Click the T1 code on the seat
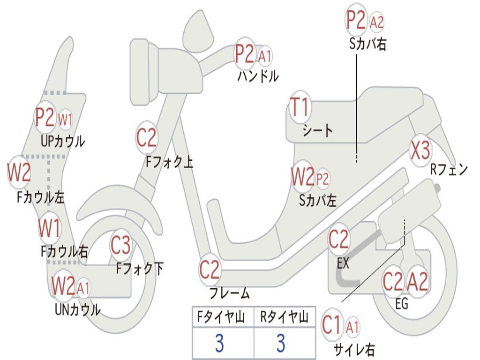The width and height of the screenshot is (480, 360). (300, 108)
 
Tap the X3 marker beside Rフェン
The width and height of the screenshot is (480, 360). (420, 150)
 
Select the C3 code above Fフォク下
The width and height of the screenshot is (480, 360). (120, 245)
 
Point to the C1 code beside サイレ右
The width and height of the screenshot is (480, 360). (332, 325)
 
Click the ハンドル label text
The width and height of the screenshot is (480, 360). (258, 75)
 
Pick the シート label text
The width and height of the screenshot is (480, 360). (318, 130)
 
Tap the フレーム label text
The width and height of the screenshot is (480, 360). (230, 294)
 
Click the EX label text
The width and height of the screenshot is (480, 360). (343, 263)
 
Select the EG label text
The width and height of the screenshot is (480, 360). (402, 304)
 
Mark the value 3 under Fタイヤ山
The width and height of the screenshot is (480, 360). (219, 344)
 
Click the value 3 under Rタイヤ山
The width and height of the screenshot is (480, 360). (280, 344)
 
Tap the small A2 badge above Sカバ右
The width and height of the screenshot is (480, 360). (377, 22)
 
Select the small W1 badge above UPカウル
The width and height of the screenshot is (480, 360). (65, 120)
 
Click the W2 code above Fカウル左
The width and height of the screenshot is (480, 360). (19, 172)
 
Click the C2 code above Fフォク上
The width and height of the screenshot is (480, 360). (147, 137)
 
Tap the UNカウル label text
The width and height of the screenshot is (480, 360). (78, 309)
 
